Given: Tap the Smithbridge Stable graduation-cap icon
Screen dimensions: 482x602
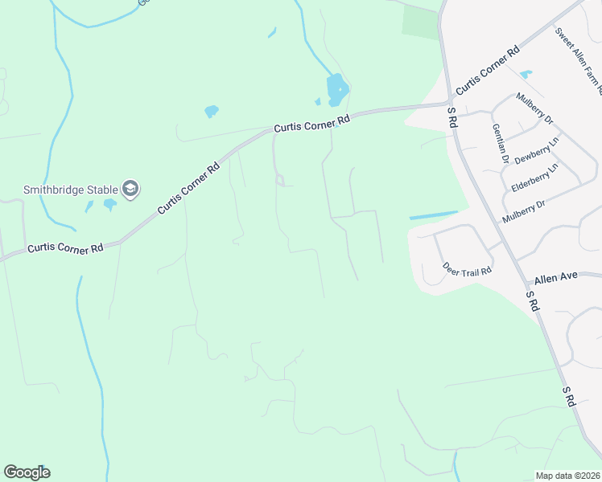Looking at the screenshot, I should coord(130,190).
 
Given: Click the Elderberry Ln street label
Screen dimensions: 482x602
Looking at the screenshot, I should coord(534,178).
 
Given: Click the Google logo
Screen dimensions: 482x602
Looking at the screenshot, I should coord(27,472).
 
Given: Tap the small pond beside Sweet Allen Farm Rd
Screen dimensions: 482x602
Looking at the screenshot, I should coord(526,75).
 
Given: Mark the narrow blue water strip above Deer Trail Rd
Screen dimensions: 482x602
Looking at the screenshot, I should coord(433,215).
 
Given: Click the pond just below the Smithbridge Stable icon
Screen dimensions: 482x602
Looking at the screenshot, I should coord(109,204).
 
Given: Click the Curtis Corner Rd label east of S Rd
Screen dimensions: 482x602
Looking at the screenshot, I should coord(486,73).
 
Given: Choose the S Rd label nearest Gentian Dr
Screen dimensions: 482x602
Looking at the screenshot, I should coord(452,119).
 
